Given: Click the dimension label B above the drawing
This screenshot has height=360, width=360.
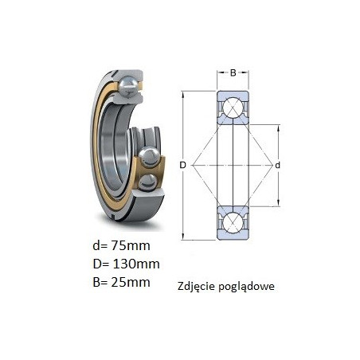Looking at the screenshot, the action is (233, 72).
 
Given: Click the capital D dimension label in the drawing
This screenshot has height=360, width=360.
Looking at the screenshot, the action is (182, 165).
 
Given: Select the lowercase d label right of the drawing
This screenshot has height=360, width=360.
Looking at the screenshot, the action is (277, 166).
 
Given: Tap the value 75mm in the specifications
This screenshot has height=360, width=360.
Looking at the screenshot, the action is (131, 245).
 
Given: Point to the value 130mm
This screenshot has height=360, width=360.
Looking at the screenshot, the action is (136, 264).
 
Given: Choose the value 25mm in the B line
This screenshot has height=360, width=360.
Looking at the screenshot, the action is (131, 282).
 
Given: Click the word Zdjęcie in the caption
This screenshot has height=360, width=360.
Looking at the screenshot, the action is (197, 287).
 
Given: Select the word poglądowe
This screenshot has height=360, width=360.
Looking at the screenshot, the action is (247, 287).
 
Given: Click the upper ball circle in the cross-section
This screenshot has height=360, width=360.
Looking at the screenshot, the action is (233, 108).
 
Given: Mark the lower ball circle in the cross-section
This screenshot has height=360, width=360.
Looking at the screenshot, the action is (233, 223).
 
